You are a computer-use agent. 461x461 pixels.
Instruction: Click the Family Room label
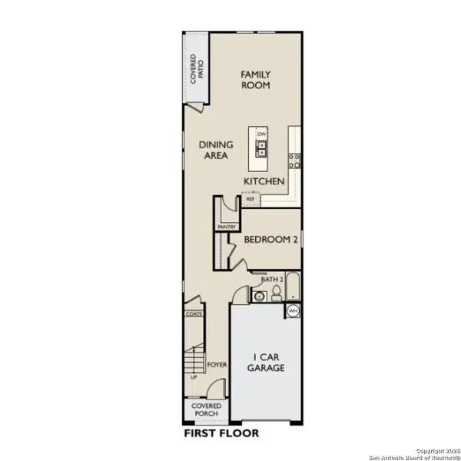pyautogui.click(x=256, y=80)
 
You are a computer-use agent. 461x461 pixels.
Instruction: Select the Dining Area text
pyautogui.click(x=216, y=149)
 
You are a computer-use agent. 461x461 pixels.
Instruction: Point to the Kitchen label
pyautogui.click(x=265, y=181)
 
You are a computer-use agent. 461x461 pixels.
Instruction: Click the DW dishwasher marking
pyautogui.click(x=260, y=134)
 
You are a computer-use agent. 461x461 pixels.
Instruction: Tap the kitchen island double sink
pyautogui.click(x=261, y=148)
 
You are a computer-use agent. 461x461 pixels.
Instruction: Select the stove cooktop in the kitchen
pyautogui.click(x=294, y=160)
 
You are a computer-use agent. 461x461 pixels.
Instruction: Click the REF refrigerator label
pyautogui.click(x=250, y=199)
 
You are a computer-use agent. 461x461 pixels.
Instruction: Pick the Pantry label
pyautogui.click(x=226, y=227)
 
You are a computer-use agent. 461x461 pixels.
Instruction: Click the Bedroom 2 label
pyautogui.click(x=270, y=240)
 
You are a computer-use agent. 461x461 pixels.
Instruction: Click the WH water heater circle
pyautogui.click(x=293, y=310)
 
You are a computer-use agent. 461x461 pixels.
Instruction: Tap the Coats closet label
pyautogui.click(x=193, y=314)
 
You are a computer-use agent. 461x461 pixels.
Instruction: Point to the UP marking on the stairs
pyautogui.click(x=194, y=376)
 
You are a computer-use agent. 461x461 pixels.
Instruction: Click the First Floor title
pyautogui.click(x=221, y=433)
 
